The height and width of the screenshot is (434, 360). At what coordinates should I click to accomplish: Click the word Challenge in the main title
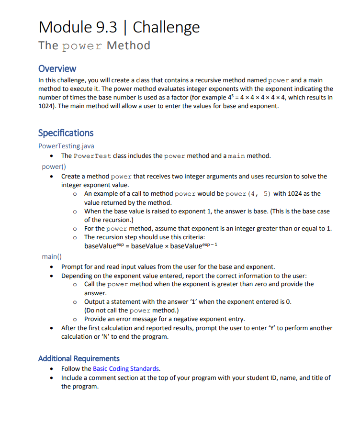click(166, 27)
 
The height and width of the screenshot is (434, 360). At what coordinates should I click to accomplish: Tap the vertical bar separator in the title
click(125, 27)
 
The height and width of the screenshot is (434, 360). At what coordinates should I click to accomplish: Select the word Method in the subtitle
click(128, 45)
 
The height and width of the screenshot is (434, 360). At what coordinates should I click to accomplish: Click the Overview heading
click(57, 68)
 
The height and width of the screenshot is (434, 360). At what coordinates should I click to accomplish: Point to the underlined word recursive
click(208, 80)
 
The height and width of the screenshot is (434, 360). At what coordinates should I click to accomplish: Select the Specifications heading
click(66, 133)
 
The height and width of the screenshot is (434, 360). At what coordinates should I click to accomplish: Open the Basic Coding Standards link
click(126, 368)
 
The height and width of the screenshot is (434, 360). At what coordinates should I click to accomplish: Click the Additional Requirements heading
click(79, 358)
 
